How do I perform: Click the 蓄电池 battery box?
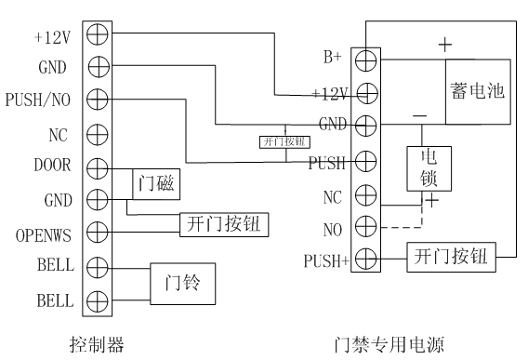pyautogui.click(x=479, y=90)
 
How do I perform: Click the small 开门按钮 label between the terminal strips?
pyautogui.click(x=284, y=143)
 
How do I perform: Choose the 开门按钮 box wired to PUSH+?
pyautogui.click(x=451, y=255)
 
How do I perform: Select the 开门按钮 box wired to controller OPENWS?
pyautogui.click(x=224, y=223)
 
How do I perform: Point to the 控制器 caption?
pyautogui.click(x=97, y=343)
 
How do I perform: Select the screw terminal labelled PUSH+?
pyautogui.click(x=365, y=259)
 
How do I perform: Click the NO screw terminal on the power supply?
pyautogui.click(x=365, y=226)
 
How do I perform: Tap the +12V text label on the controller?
pyautogui.click(x=54, y=35)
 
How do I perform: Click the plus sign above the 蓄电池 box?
pyautogui.click(x=444, y=44)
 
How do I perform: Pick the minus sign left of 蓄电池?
pyautogui.click(x=417, y=113)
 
